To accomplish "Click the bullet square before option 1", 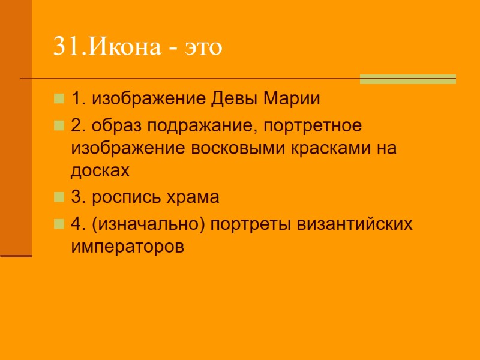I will click(x=58, y=98).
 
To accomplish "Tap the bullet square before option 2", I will click(x=58, y=126).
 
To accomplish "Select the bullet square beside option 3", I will click(x=58, y=197).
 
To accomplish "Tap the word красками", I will click(x=332, y=148).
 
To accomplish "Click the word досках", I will click(x=100, y=170).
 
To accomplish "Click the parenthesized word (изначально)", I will click(x=147, y=224).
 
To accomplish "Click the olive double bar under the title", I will click(x=407, y=79).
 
